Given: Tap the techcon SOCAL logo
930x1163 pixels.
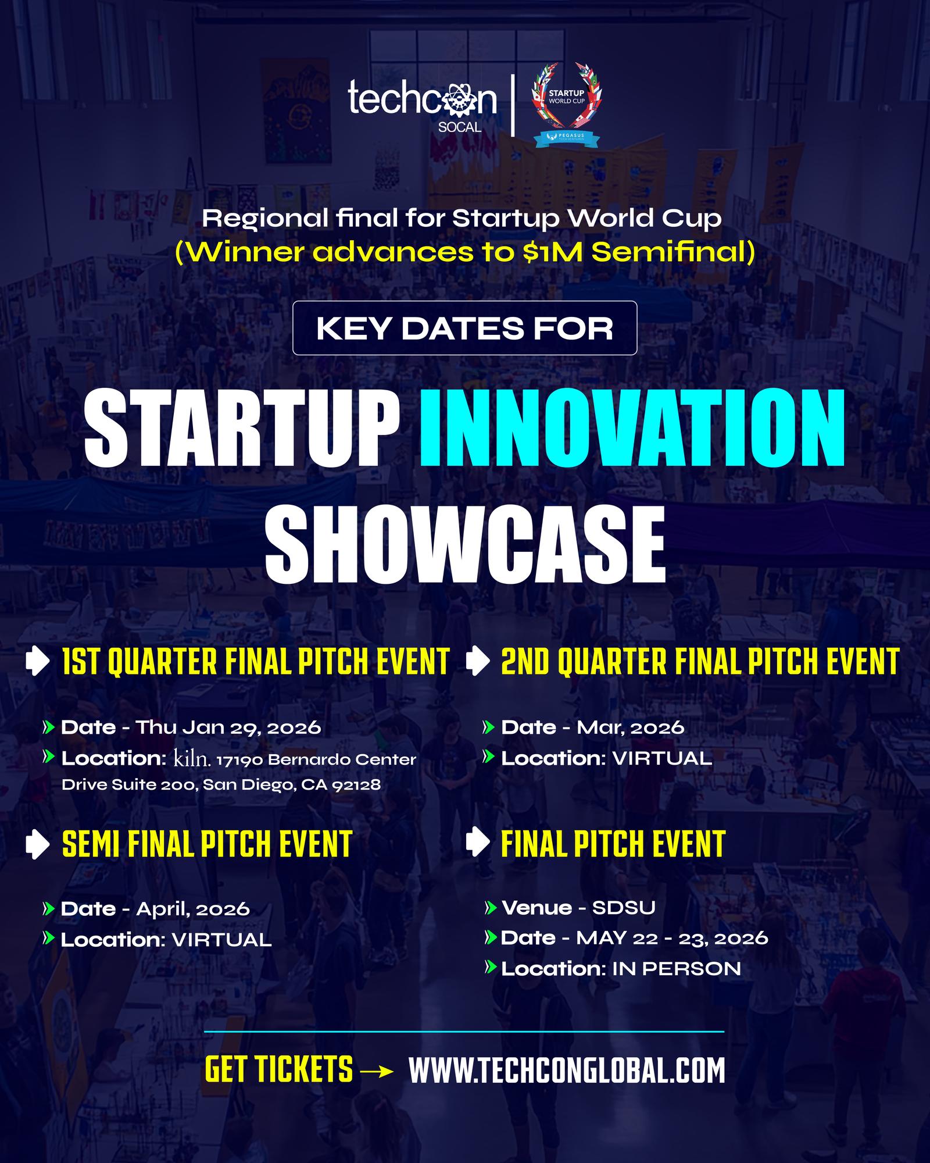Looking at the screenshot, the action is (x=423, y=105).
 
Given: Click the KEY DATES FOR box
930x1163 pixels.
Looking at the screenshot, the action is (x=464, y=328).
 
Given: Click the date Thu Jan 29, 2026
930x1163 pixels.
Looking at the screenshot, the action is (x=228, y=727).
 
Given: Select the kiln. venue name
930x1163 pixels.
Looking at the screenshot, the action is (x=192, y=758).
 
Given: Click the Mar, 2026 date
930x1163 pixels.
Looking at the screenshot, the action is (x=631, y=728).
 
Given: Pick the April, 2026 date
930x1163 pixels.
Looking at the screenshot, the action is (x=193, y=909).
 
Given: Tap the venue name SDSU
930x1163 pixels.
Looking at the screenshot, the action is (x=624, y=908).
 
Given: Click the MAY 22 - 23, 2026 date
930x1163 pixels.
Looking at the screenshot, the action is (x=673, y=938).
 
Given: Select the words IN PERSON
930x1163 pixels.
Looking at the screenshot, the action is (x=677, y=969).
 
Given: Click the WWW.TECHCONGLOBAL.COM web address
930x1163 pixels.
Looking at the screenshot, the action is (x=567, y=1071).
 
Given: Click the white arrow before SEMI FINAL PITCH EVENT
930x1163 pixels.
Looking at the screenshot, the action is (x=38, y=844).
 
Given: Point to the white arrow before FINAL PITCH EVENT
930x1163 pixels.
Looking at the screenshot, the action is (x=478, y=843).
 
